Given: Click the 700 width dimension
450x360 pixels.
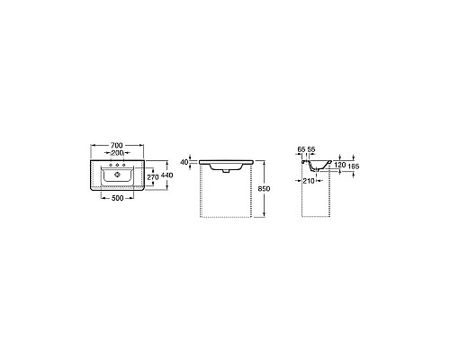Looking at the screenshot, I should tap(117, 145).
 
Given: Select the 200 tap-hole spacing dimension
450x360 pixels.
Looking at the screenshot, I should tap(117, 153).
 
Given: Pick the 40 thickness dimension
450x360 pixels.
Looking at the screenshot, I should tap(184, 162).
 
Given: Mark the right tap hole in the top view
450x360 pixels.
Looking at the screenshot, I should tap(124, 166).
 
